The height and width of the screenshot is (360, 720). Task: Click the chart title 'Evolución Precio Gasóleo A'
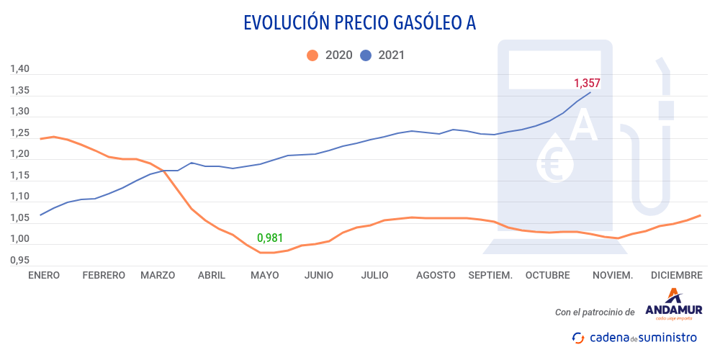359,23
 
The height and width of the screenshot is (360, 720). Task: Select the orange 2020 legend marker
312,55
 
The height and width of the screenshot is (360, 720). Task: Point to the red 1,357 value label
586,83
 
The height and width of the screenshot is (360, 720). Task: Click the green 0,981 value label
271,237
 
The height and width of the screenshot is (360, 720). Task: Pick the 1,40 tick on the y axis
19,69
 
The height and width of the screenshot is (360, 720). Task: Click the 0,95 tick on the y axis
19,260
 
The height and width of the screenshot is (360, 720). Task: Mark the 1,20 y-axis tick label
19,154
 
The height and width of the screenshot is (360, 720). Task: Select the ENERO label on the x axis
44,275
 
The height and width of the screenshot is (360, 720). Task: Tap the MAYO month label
264,275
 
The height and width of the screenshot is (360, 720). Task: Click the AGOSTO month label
435,275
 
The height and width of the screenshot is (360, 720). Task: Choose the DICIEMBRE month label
676,275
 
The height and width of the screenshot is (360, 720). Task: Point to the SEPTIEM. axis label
490,275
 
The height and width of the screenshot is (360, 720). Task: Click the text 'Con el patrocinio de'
595,312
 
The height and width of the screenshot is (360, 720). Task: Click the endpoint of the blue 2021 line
590,92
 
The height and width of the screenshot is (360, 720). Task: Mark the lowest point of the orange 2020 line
266,253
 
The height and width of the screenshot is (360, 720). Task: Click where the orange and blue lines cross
164,171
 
